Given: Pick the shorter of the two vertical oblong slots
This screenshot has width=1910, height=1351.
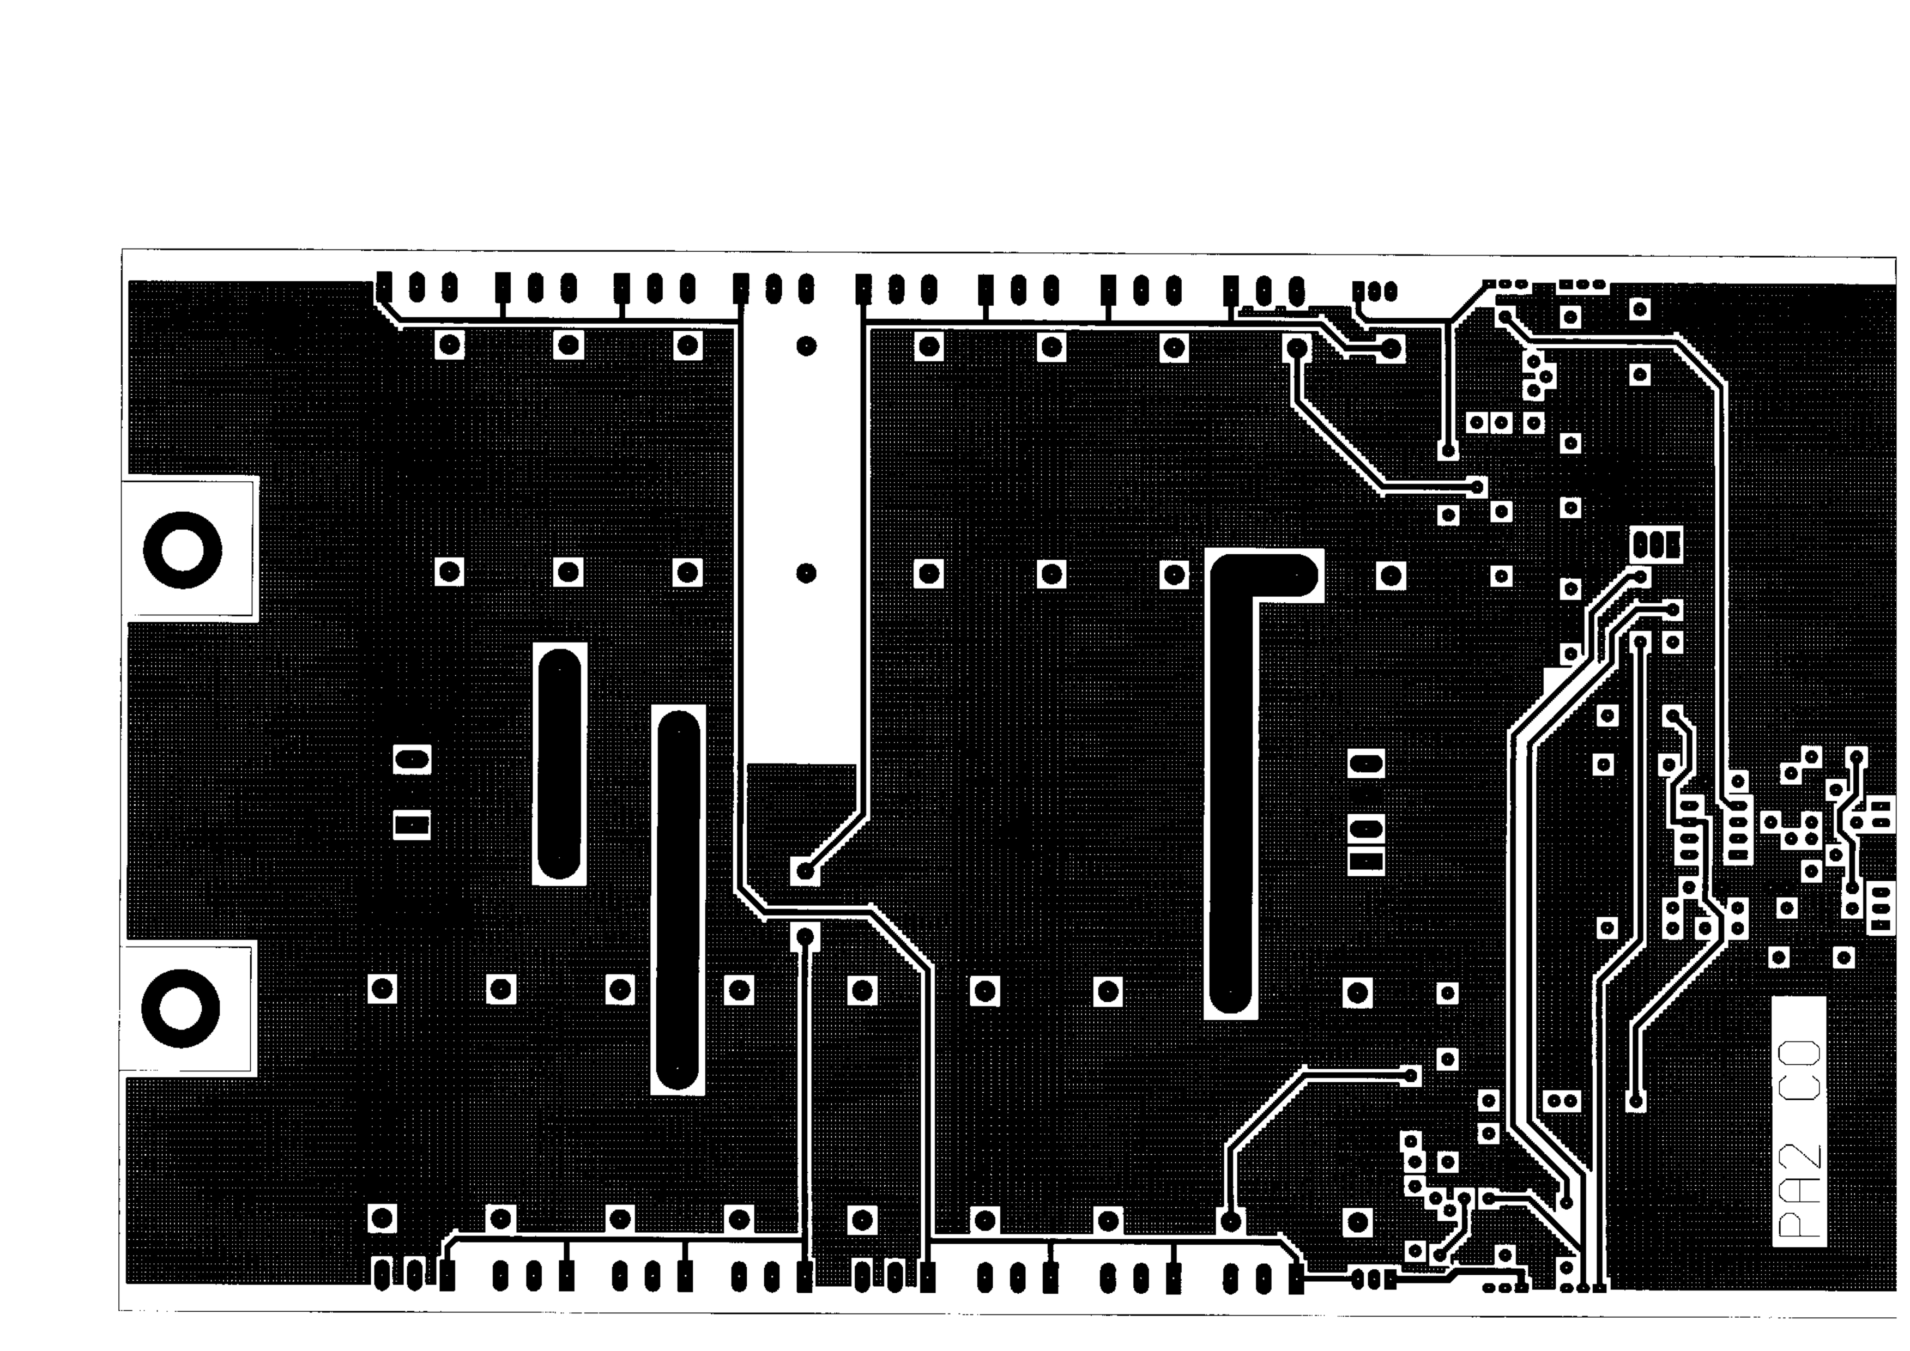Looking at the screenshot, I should point(559,763).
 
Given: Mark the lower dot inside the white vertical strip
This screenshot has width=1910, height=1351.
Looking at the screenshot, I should point(806,573).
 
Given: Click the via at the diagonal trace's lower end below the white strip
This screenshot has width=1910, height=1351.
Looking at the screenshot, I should point(805,871).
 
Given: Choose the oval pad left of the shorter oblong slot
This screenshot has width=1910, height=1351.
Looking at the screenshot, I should point(412,760).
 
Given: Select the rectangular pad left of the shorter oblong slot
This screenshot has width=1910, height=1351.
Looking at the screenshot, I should point(412,825).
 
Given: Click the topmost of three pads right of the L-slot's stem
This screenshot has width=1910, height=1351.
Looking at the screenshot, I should point(1366,763).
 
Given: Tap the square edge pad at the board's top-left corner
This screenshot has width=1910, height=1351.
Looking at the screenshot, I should point(384,287).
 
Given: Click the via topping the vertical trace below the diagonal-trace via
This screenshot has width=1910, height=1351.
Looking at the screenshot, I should point(805,937).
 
